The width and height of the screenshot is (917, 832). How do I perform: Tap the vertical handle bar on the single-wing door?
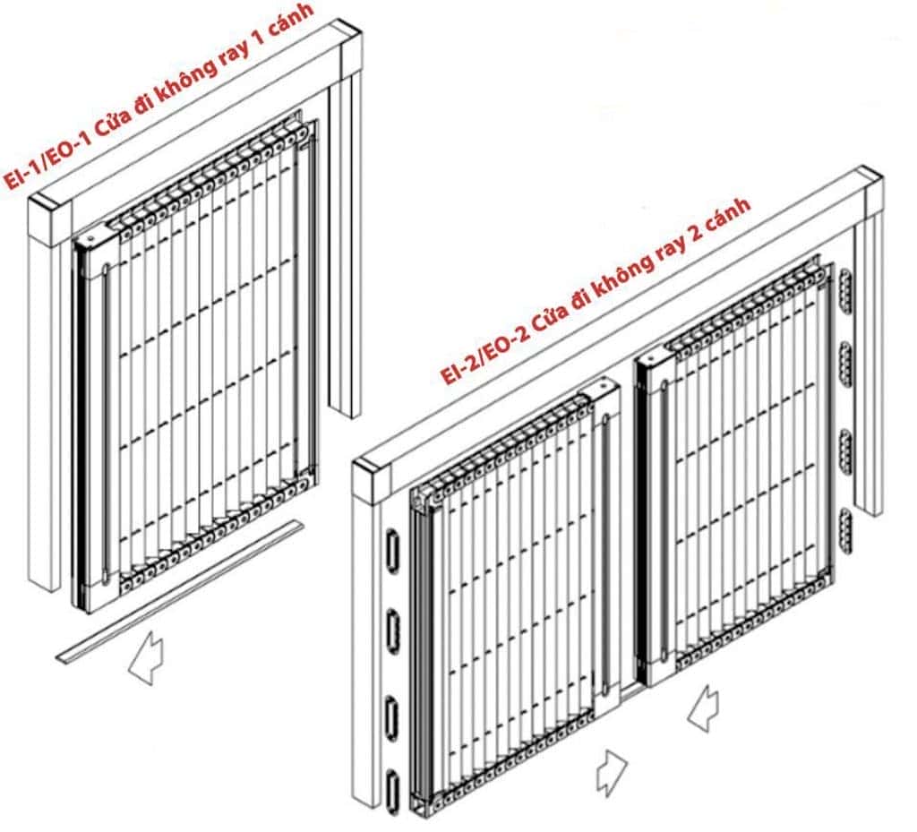pyautogui.click(x=106, y=424)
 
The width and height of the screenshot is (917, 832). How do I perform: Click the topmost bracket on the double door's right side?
pyautogui.click(x=846, y=289)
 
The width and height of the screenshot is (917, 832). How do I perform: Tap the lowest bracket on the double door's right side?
pyautogui.click(x=846, y=530)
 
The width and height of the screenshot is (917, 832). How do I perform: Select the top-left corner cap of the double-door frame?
pyautogui.click(x=369, y=484)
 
